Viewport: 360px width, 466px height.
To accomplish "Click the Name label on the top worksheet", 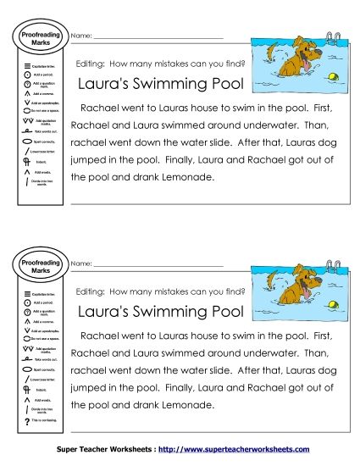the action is pyautogui.click(x=80, y=36).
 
